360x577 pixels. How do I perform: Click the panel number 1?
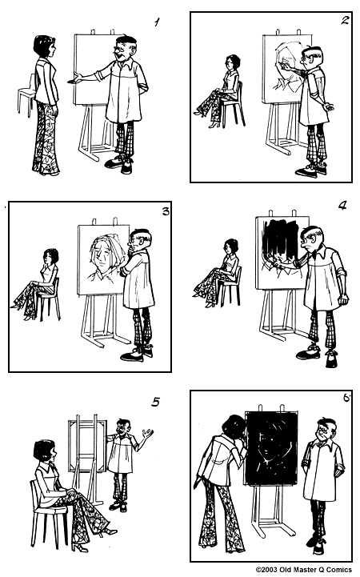click(x=157, y=22)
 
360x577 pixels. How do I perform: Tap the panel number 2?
click(x=345, y=20)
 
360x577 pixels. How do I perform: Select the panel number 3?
click(x=166, y=211)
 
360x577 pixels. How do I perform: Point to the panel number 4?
click(x=342, y=205)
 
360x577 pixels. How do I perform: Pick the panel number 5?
click(x=155, y=402)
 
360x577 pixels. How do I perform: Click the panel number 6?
click(x=346, y=399)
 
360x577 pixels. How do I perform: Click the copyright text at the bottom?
click(x=303, y=570)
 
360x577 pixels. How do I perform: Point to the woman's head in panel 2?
click(x=233, y=62)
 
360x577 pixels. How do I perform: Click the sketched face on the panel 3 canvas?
click(x=104, y=254)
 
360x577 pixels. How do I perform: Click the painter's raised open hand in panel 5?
click(x=148, y=434)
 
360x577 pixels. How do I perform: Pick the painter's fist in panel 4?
click(x=343, y=299)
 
